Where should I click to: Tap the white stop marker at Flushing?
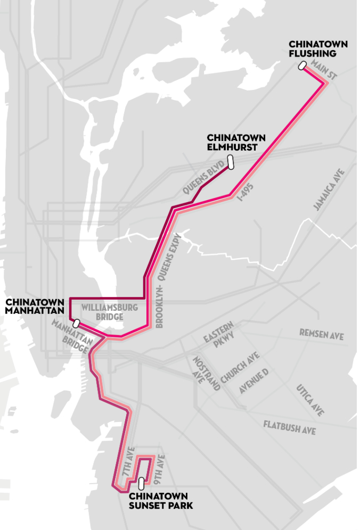(302, 66)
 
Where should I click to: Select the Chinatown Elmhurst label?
(236, 143)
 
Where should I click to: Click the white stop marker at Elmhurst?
(231, 161)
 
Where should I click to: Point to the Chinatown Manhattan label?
(35, 307)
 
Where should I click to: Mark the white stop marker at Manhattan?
(77, 323)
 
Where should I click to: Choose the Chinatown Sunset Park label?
(160, 501)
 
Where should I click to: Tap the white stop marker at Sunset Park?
(141, 483)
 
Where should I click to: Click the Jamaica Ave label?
(330, 189)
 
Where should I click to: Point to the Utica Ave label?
(309, 400)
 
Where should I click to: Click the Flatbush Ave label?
(289, 427)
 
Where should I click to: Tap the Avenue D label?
(253, 381)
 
